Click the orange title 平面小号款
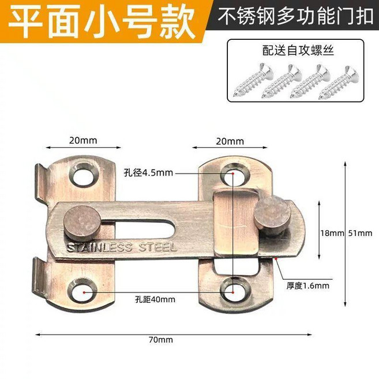pyautogui.click(x=102, y=21)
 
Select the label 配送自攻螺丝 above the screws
pyautogui.click(x=298, y=51)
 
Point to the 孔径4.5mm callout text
pyautogui.click(x=148, y=173)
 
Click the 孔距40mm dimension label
pyautogui.click(x=155, y=300)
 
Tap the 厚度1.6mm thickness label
pyautogui.click(x=307, y=286)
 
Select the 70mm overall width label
pyautogui.click(x=161, y=340)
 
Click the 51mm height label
pyautogui.click(x=360, y=233)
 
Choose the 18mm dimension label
pyautogui.click(x=332, y=233)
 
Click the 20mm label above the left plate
pyautogui.click(x=83, y=140)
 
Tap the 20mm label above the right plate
pyautogui.click(x=230, y=141)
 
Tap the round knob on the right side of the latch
pyautogui.click(x=272, y=215)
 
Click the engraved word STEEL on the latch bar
pyautogui.click(x=157, y=247)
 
